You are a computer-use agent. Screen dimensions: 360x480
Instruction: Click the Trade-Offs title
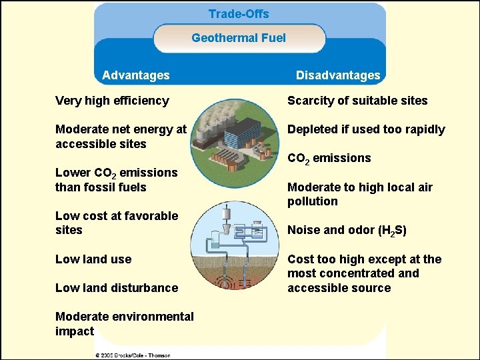coord(239,14)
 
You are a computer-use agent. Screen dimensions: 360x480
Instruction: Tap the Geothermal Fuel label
coord(239,38)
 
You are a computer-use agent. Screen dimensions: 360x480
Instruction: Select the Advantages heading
coord(136,75)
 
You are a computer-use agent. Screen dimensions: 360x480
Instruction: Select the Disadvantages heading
coord(338,75)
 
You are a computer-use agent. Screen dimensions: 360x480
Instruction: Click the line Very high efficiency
coord(112,101)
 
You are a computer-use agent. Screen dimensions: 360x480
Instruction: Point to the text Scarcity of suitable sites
coord(357,101)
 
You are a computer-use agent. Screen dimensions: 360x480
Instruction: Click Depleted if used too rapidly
coord(366,129)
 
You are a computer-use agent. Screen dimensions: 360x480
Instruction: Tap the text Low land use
coord(93,259)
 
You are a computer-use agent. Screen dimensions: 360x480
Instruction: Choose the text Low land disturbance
coord(117,288)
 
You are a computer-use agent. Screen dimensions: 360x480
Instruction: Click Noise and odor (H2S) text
coord(347,231)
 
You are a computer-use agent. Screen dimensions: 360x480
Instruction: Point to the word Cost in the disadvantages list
coord(299,259)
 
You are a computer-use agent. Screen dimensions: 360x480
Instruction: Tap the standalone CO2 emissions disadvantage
coord(329,159)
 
